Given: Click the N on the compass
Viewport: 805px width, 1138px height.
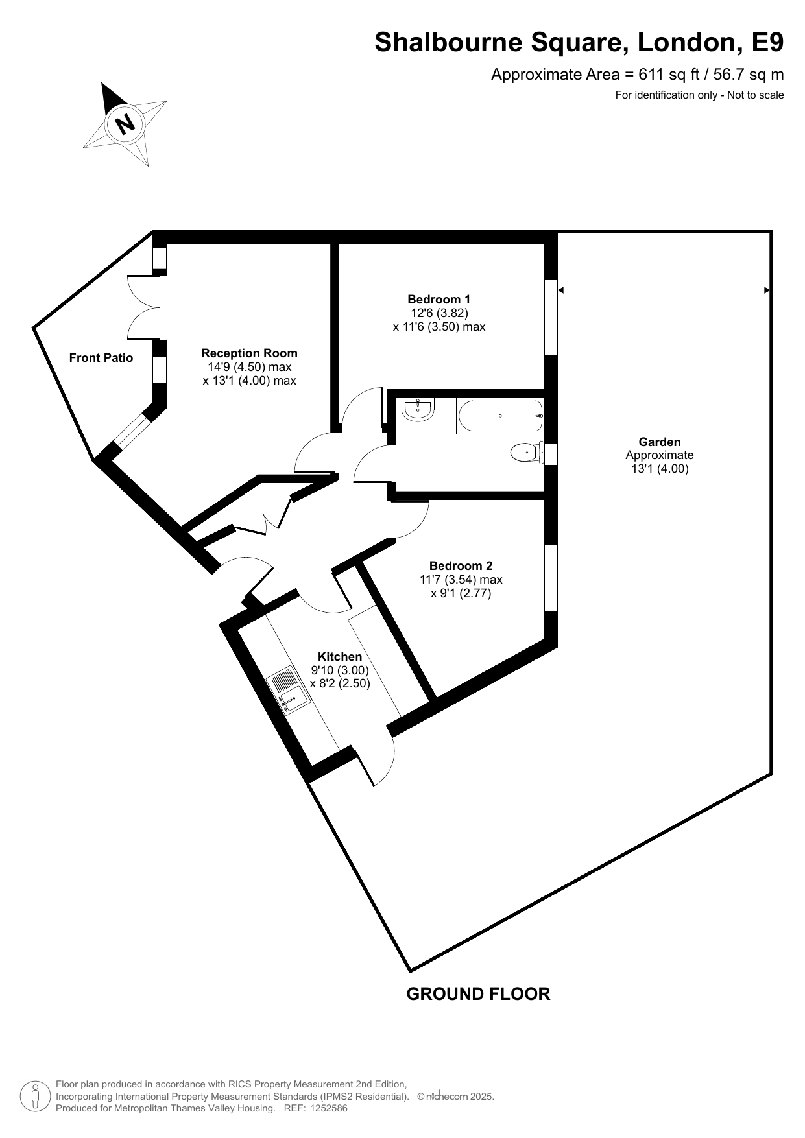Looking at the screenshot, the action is [x=125, y=122].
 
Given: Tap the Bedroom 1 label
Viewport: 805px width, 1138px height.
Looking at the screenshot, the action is [x=439, y=299].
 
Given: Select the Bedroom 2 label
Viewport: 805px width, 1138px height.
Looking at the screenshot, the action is [x=461, y=565].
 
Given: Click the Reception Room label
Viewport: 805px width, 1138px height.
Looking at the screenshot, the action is [x=249, y=353].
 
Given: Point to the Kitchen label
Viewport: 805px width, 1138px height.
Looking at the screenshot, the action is [x=340, y=656].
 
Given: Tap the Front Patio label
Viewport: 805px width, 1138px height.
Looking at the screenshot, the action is [x=101, y=357].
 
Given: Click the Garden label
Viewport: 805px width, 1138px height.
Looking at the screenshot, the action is [x=660, y=442].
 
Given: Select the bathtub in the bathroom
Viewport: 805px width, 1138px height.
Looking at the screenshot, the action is [x=499, y=416].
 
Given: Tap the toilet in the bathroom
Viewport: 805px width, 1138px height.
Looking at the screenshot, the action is [x=527, y=452].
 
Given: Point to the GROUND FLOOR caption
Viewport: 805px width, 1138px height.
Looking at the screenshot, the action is [x=478, y=993].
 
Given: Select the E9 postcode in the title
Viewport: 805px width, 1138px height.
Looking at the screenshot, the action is [x=767, y=43].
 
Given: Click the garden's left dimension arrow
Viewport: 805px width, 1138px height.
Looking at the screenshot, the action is [x=568, y=290].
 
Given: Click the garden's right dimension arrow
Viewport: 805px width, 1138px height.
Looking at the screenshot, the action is [x=760, y=290].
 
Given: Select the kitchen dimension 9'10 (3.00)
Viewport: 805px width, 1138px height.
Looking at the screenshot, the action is [x=340, y=670].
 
